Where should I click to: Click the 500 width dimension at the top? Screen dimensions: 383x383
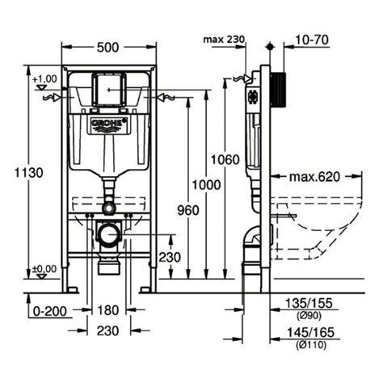[x=110, y=47]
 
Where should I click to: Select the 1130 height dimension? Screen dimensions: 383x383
[x=28, y=172]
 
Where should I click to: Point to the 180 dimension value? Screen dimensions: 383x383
[x=108, y=309]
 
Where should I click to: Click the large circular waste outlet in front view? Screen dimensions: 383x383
[x=108, y=235]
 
